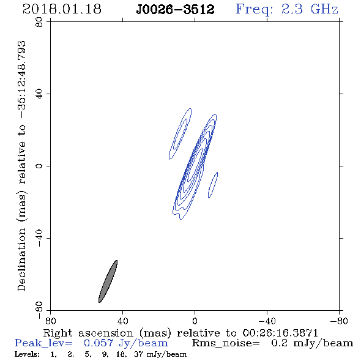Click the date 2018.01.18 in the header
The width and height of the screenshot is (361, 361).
click(62, 9)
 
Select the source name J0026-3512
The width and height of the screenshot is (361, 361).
click(176, 9)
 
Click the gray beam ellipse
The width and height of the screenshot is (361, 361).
click(108, 281)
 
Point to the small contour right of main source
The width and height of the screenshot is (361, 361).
click(213, 185)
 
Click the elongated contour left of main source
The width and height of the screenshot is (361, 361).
click(180, 133)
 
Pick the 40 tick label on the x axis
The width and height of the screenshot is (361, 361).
click(122, 321)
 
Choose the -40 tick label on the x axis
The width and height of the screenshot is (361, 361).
click(267, 321)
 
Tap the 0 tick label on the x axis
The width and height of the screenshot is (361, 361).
click(195, 321)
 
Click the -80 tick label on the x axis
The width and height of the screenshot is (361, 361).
click(339, 321)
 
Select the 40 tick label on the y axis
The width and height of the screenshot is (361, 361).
click(39, 94)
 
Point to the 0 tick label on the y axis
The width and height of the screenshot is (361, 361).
click(39, 166)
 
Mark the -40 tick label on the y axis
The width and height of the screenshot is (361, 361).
click(39, 238)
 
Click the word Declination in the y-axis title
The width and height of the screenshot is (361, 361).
click(21, 259)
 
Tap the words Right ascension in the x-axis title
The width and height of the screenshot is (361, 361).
click(88, 333)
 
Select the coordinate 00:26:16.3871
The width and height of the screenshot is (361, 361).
click(280, 333)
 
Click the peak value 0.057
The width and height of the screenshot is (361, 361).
click(99, 343)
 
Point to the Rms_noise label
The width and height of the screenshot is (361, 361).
click(226, 343)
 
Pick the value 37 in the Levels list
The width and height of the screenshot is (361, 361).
click(138, 354)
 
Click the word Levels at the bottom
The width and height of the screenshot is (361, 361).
click(27, 354)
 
